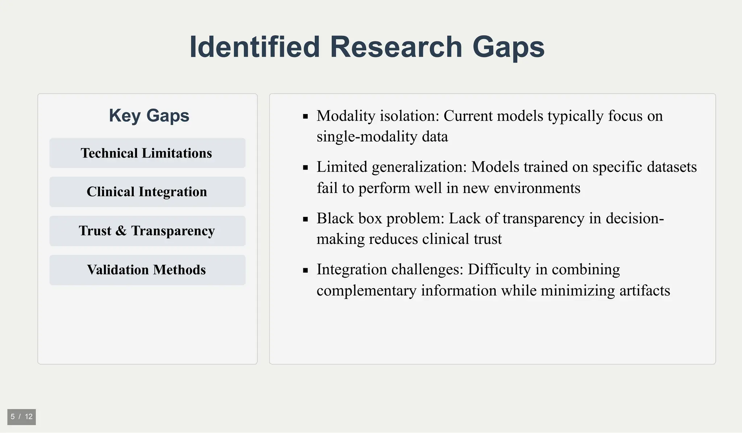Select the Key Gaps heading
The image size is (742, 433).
coord(149,116)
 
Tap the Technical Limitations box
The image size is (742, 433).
coord(147,153)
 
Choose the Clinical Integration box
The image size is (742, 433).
coord(147,192)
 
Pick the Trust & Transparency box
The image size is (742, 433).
coord(147,231)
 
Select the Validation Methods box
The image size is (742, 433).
coord(147,270)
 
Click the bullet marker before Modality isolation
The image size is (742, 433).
coord(305,117)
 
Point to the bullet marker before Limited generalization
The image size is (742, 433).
coord(305,168)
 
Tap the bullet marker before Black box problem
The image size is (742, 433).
coord(305,219)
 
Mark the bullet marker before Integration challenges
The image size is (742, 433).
coord(305,270)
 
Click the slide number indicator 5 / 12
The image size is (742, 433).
coord(21,417)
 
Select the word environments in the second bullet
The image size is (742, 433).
coord(537,188)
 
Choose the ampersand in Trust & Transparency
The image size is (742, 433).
coord(121,231)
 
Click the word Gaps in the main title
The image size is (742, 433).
coord(508,47)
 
